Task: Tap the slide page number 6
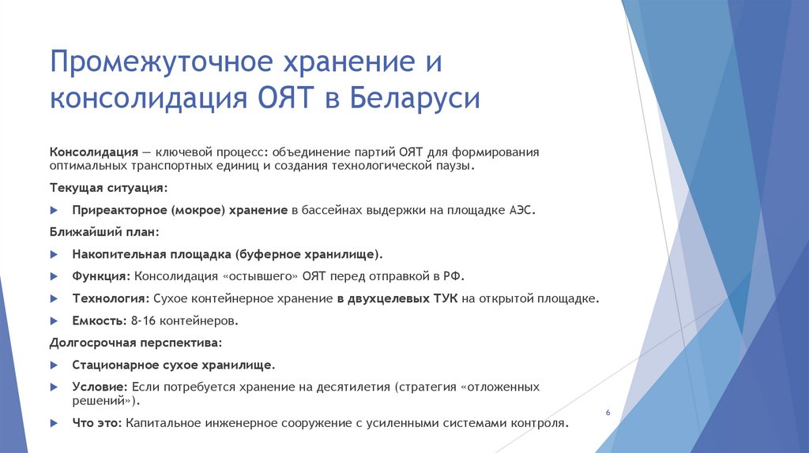click(x=608, y=414)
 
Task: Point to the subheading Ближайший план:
click(x=104, y=233)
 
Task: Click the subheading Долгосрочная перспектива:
click(x=136, y=343)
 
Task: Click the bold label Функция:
click(x=101, y=277)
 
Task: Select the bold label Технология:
click(x=111, y=299)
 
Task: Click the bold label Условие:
click(x=100, y=387)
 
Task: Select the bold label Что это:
click(x=96, y=423)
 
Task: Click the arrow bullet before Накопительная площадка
click(x=54, y=255)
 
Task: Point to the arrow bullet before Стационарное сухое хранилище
click(x=54, y=365)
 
